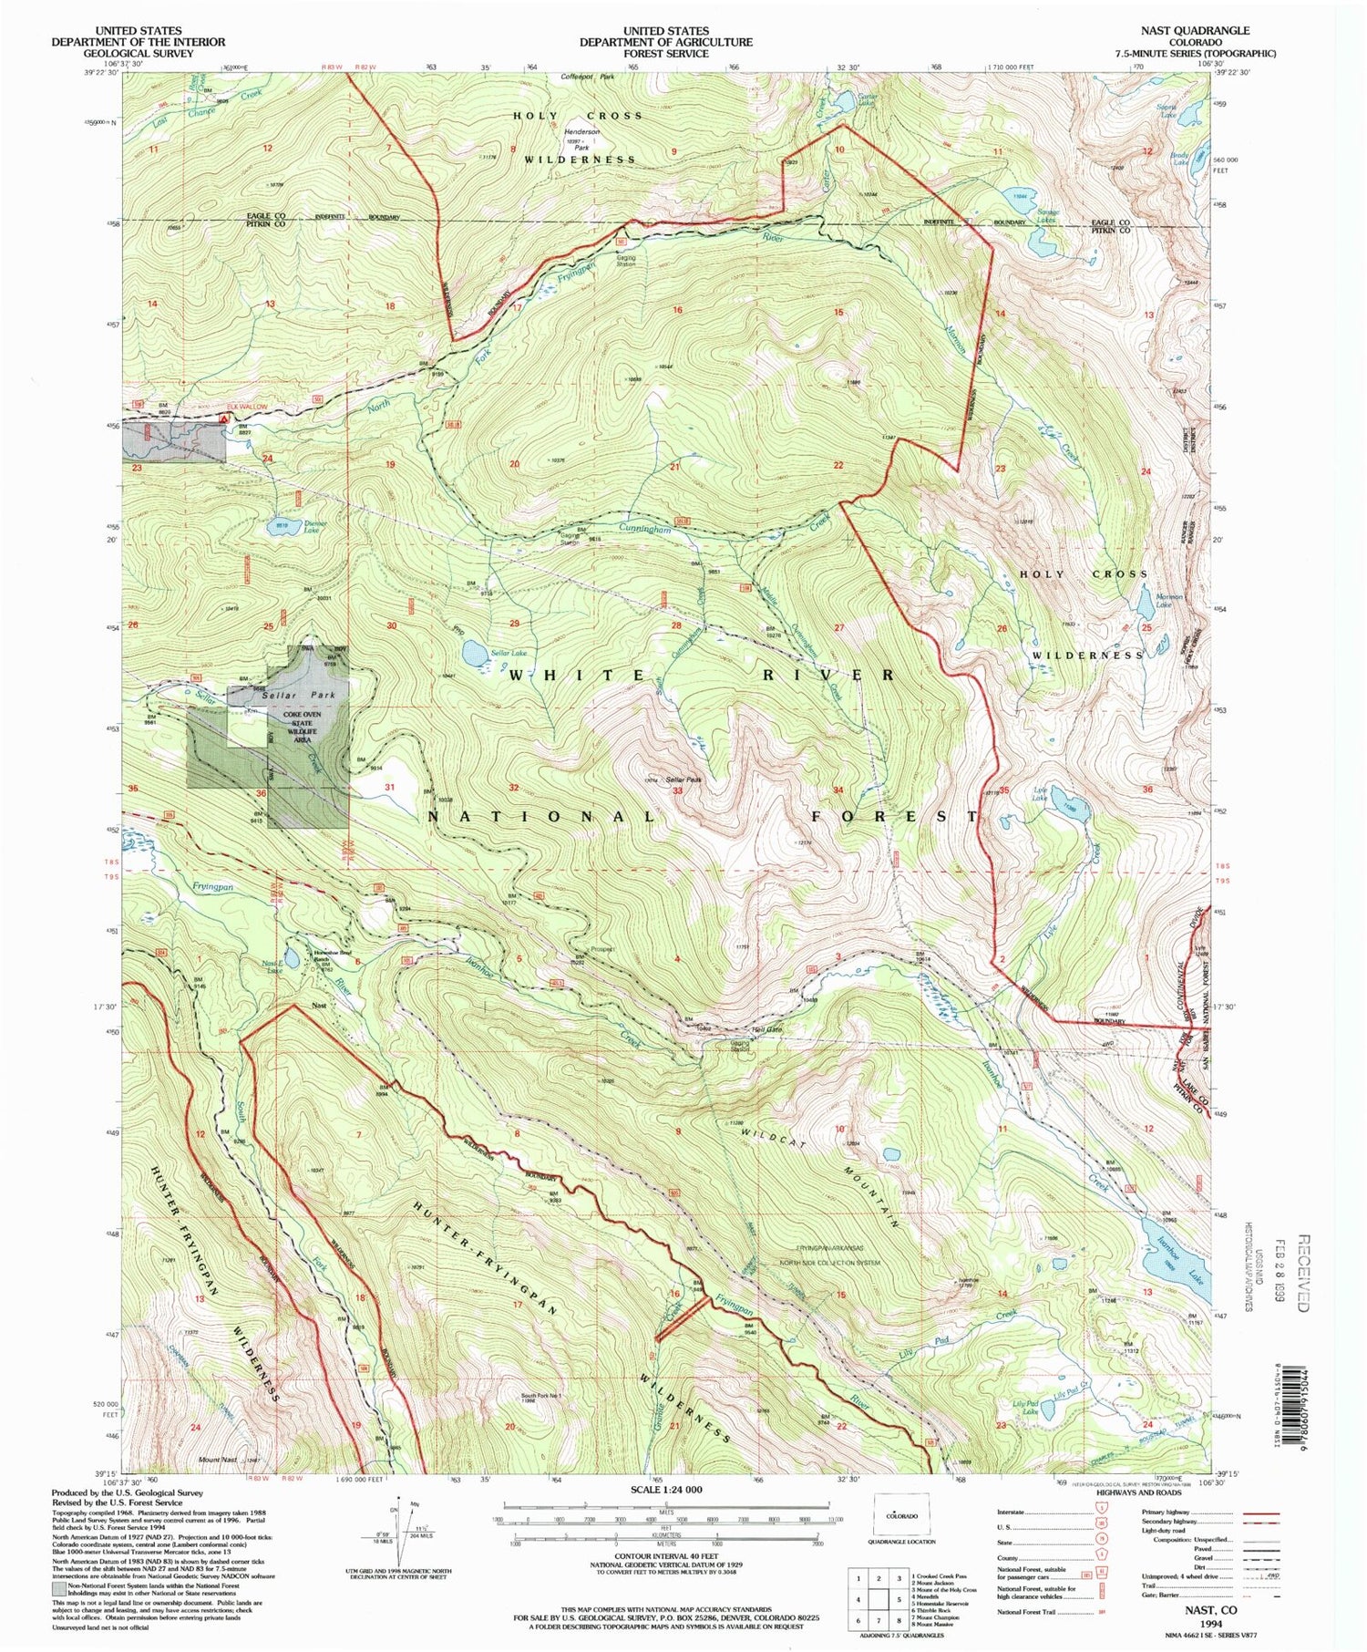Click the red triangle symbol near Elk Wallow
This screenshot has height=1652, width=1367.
[x=224, y=418]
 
